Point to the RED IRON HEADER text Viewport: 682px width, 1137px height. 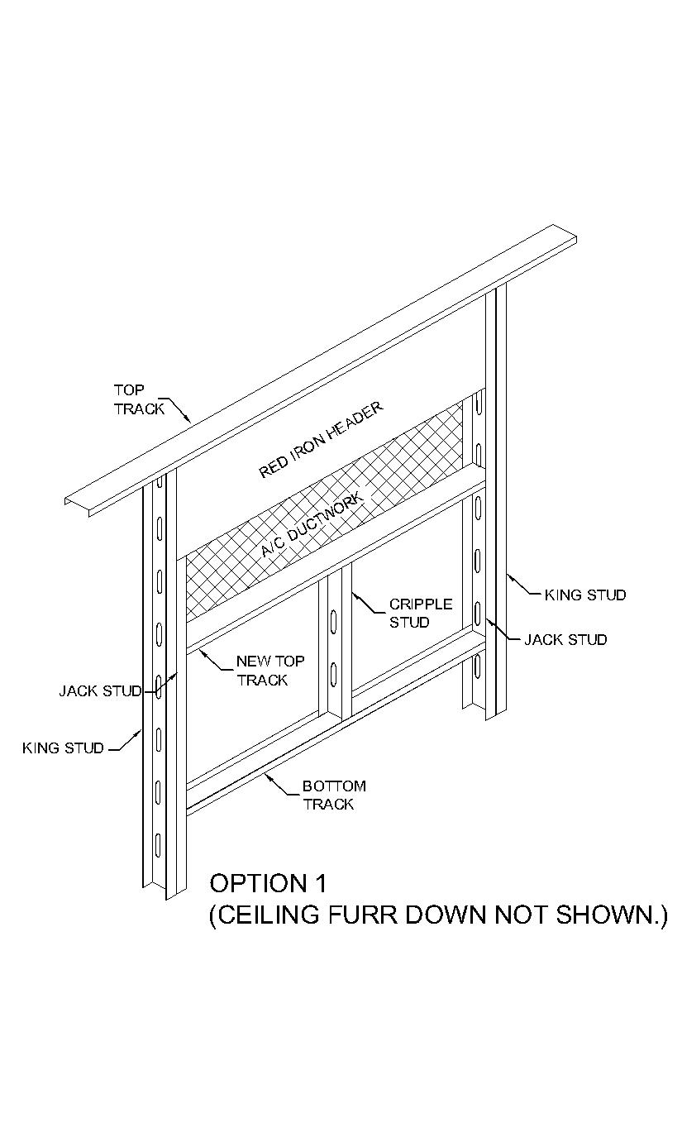coord(322,440)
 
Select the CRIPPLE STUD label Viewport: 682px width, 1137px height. coord(420,614)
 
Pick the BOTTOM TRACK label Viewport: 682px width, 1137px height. coord(333,795)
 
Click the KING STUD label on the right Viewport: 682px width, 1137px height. coord(585,595)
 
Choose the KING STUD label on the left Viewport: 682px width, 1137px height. coord(63,748)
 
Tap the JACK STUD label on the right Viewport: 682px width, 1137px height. coord(565,639)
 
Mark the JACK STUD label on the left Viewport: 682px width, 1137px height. coord(99,690)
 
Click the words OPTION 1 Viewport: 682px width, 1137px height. coord(268,883)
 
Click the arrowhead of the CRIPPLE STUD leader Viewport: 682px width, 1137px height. coord(354,593)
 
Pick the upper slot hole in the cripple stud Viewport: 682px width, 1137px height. coord(332,621)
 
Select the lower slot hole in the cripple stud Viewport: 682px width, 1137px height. coord(332,671)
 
